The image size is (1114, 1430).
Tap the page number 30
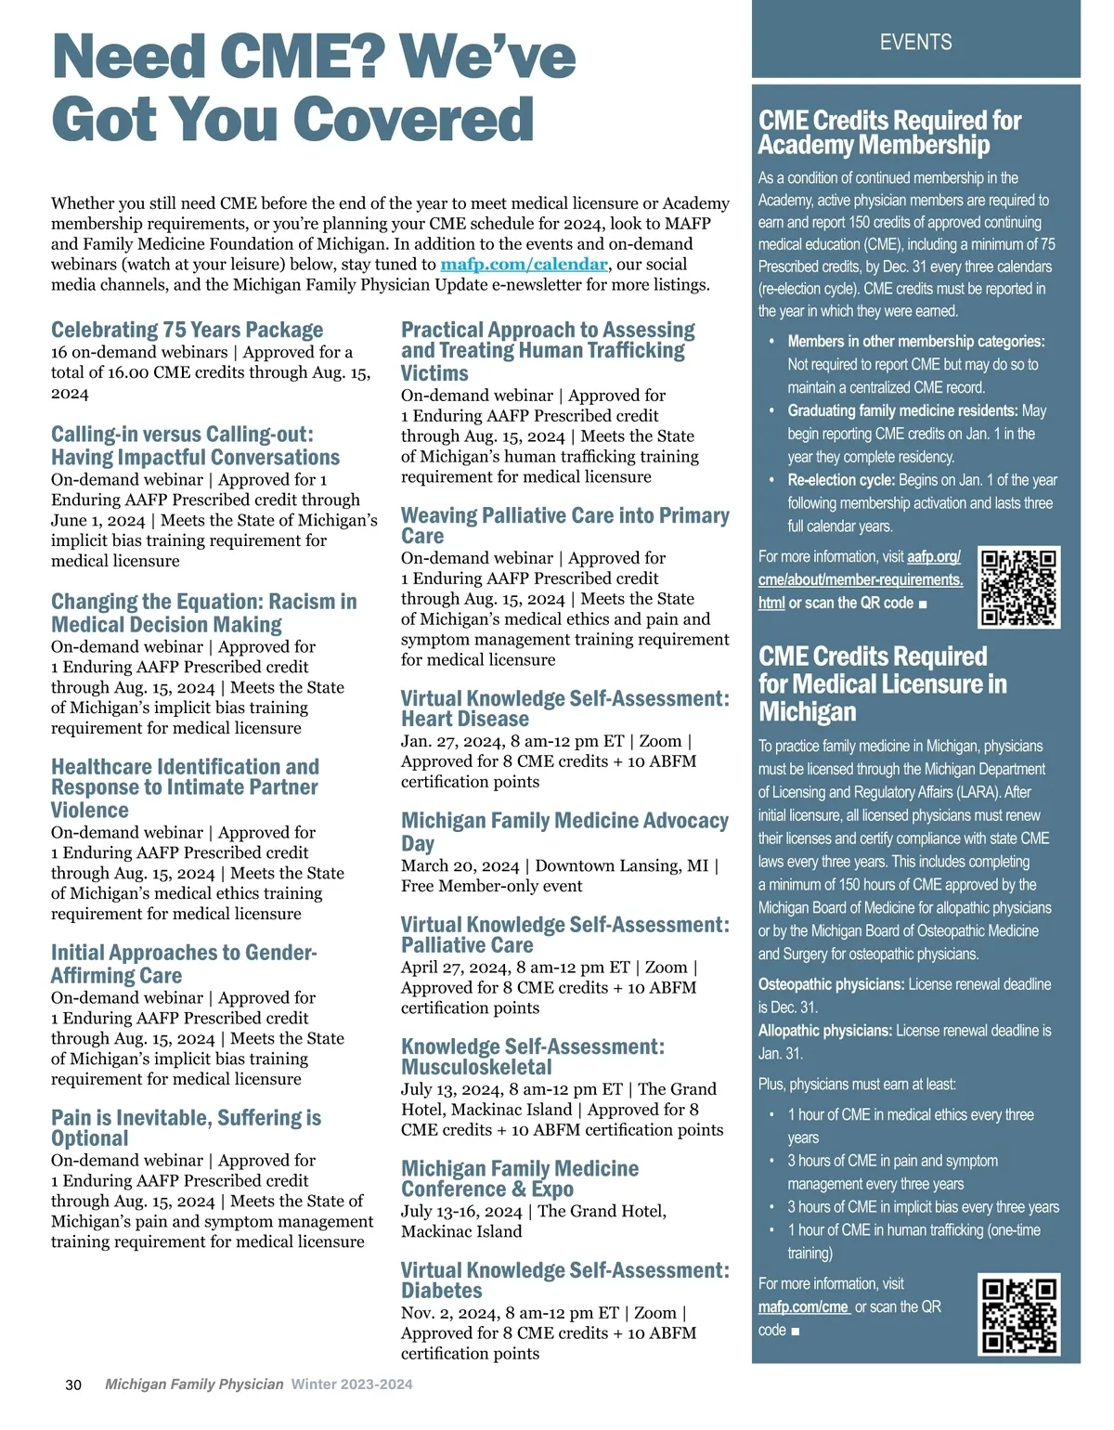coord(73,1384)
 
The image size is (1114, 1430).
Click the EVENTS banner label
coord(915,42)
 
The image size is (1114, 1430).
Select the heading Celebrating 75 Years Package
coord(187,331)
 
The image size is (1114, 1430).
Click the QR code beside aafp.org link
coord(1019,587)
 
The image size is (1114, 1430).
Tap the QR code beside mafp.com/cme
coord(1019,1314)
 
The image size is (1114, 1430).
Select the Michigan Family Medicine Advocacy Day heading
coord(564,832)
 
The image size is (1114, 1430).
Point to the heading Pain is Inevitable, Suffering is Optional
coord(186,1128)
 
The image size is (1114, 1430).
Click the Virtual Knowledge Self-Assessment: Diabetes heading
coord(564,1280)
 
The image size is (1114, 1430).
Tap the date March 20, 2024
coord(460,866)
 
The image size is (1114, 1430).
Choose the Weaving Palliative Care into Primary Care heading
coord(564,526)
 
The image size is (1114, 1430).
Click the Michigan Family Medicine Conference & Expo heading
coord(520,1178)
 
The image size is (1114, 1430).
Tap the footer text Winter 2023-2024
coord(352,1384)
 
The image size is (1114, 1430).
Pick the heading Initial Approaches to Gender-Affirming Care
coord(184,964)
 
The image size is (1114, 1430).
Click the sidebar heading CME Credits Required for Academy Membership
coord(889,133)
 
